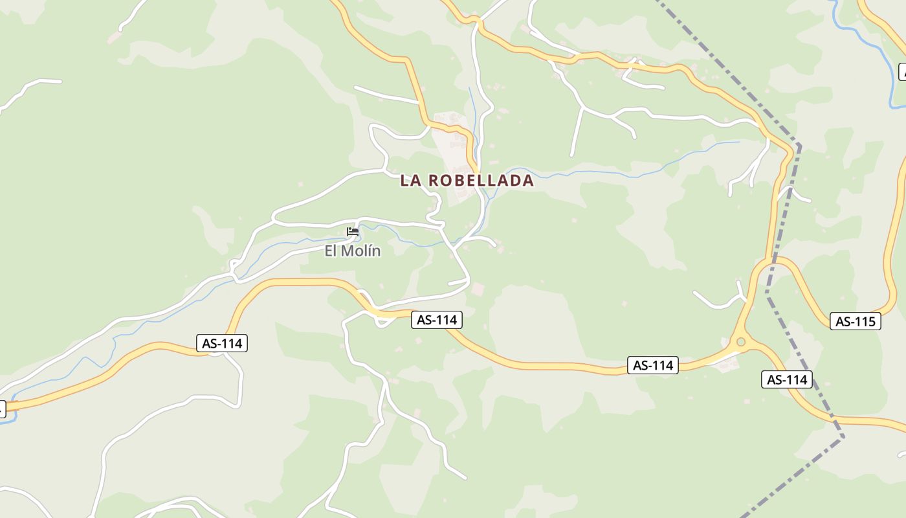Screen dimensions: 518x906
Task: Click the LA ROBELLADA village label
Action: click(x=467, y=181)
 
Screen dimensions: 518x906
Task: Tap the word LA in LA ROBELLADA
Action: click(x=411, y=181)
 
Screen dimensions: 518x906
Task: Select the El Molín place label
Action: click(x=353, y=251)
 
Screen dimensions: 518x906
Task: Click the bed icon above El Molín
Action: click(x=353, y=232)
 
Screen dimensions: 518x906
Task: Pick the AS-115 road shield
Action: click(x=855, y=321)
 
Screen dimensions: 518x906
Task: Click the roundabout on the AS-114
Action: click(x=740, y=341)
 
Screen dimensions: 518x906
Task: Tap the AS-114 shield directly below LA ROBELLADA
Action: click(x=437, y=319)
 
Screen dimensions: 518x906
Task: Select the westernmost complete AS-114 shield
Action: click(x=222, y=343)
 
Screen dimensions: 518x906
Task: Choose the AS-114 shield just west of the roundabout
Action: click(x=653, y=365)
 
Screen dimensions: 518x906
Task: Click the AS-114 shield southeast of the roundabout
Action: click(x=786, y=379)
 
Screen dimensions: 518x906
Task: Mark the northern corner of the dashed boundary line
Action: click(x=799, y=144)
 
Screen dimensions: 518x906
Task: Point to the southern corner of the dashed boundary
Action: click(x=843, y=437)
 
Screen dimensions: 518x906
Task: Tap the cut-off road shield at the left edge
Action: click(x=2, y=409)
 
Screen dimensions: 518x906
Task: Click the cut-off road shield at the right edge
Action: click(x=903, y=72)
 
